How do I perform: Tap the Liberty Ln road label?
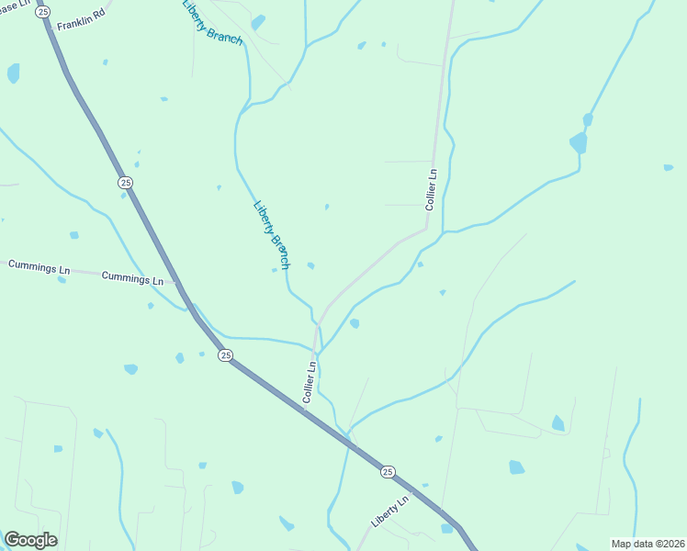[390, 512]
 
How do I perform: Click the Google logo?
[30, 540]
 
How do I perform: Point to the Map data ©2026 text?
[647, 544]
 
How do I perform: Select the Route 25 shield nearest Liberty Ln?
[388, 471]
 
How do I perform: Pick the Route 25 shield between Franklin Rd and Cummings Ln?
[125, 183]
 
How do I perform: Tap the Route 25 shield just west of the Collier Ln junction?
[225, 355]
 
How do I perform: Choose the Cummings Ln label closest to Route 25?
[132, 277]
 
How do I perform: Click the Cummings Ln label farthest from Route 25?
[39, 265]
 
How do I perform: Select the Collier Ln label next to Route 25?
[310, 381]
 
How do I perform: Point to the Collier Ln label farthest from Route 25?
[432, 189]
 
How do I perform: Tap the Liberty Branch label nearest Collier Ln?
[272, 234]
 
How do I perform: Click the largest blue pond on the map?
[578, 142]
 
